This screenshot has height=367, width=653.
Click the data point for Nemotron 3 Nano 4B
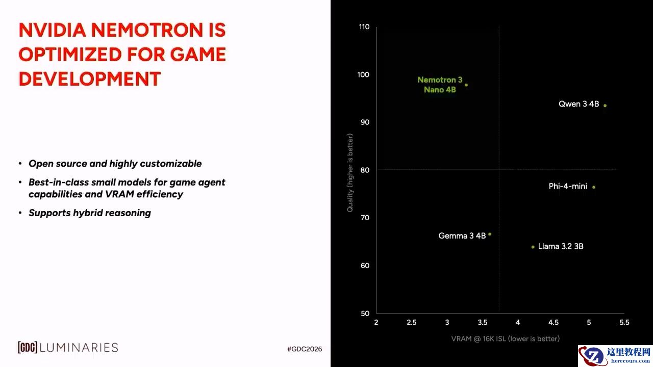coord(466,85)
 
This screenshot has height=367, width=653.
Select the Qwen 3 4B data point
coord(605,106)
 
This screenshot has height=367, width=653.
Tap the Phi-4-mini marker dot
coord(594,187)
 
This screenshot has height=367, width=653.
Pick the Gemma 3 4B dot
coord(490,234)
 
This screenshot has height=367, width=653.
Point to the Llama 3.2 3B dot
coord(533,247)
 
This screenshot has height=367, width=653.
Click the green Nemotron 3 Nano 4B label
coord(440,85)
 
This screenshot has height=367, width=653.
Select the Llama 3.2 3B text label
coord(561,246)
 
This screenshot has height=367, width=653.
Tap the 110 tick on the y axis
coord(364,27)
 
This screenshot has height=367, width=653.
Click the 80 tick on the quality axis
coord(365,170)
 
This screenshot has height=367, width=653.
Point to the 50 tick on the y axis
coord(365,313)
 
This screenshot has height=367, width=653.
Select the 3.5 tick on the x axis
coord(483,323)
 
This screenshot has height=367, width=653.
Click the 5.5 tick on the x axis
coord(624,323)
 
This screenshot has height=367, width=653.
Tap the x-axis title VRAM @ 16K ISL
coord(505,339)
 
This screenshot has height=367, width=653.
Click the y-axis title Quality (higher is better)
coord(350,173)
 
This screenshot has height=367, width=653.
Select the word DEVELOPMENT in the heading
coord(90,78)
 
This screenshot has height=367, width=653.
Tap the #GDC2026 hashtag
coord(305,349)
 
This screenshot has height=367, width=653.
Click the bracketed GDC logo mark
coord(28,347)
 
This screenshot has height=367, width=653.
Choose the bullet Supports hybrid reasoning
coord(89,213)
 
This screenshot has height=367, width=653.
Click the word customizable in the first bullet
coord(170,164)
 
